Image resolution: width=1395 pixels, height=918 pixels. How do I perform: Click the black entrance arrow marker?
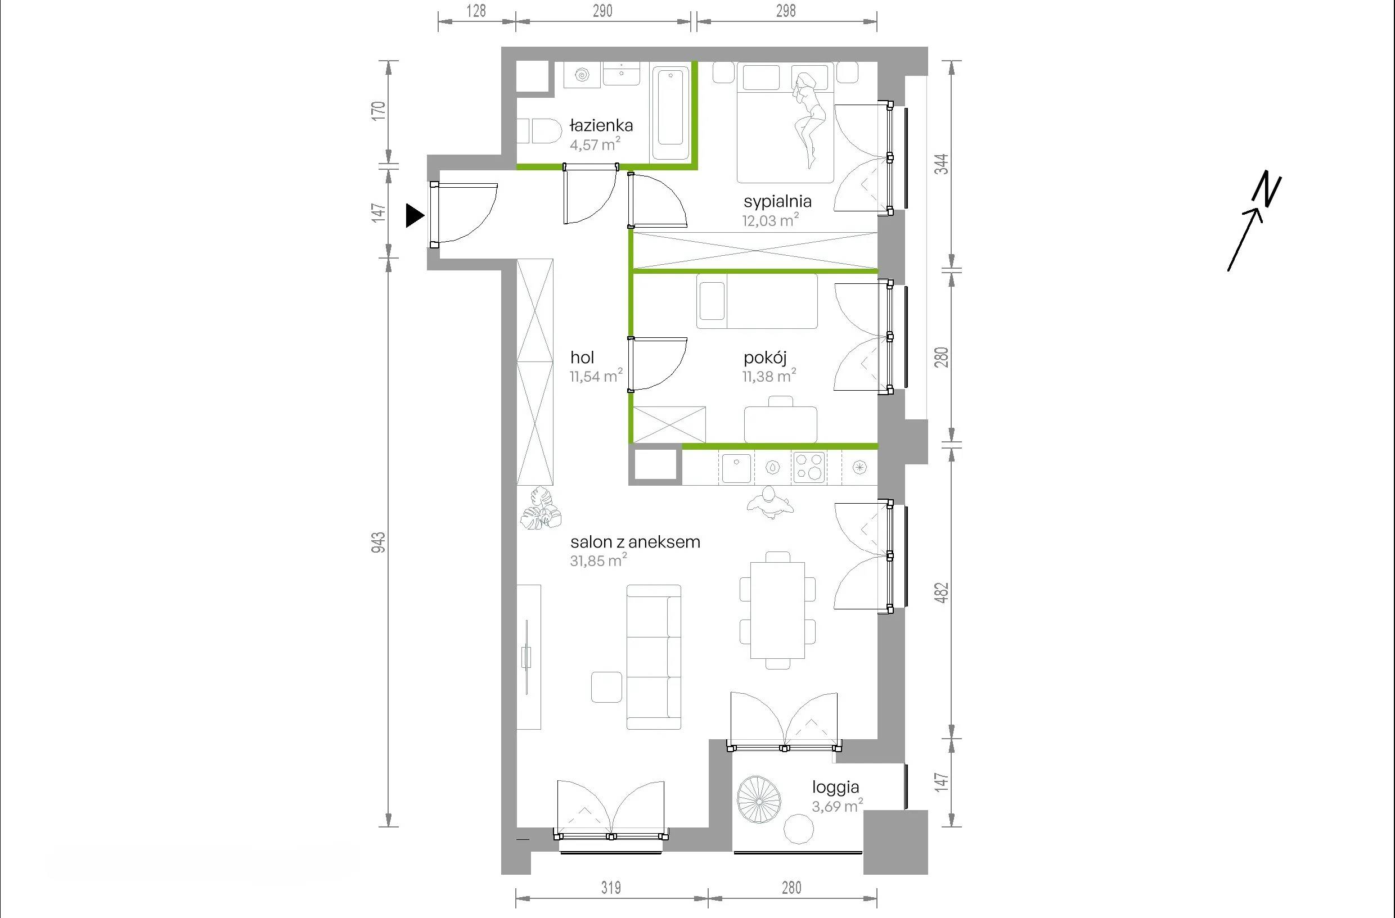(415, 215)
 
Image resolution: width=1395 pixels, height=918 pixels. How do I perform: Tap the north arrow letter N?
(1266, 190)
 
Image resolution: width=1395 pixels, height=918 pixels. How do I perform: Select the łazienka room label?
(601, 125)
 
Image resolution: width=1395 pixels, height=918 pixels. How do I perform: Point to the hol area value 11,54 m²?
(596, 376)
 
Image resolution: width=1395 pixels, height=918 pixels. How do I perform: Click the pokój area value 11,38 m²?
(769, 376)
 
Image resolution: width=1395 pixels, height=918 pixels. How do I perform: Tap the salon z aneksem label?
(636, 542)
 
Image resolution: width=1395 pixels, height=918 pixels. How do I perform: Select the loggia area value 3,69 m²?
(837, 806)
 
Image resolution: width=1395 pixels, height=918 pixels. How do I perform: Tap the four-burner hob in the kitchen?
(809, 467)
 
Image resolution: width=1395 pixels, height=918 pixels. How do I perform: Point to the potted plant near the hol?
(541, 509)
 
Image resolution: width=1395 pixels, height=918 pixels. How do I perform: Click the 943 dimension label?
(379, 542)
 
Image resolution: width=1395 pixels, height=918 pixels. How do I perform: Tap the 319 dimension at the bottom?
(611, 888)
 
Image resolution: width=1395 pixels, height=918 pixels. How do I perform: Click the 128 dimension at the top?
(476, 11)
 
